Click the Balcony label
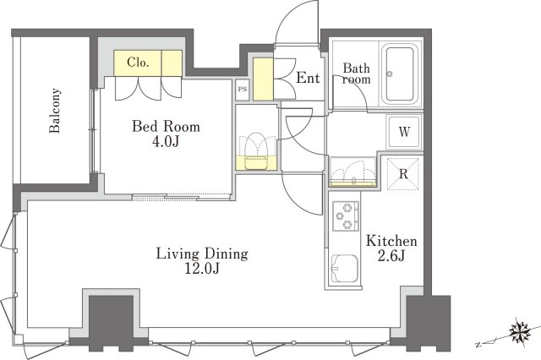tap(55, 111)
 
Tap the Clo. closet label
tap(138, 63)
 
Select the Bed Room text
tap(166, 127)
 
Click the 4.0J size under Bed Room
tap(166, 142)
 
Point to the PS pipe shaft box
tap(243, 90)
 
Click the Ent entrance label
tap(308, 78)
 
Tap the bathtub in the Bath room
tap(400, 74)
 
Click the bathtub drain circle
tap(391, 74)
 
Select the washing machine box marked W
tap(404, 132)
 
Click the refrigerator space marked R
tap(403, 174)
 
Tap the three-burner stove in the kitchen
tap(346, 215)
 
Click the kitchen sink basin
tap(345, 268)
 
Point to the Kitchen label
tap(391, 241)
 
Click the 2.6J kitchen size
tap(391, 256)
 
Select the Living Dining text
tap(202, 254)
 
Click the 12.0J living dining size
tap(202, 268)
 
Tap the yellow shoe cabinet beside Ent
tap(263, 79)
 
